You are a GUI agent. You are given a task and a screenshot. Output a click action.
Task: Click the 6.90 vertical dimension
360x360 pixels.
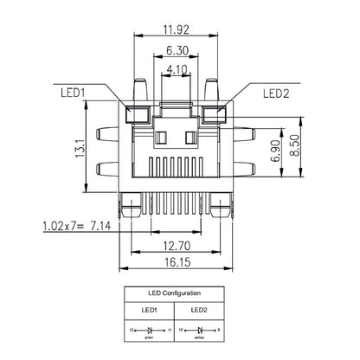click(x=275, y=151)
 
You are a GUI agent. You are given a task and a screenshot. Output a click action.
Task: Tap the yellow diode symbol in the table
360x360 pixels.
click(x=199, y=331)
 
